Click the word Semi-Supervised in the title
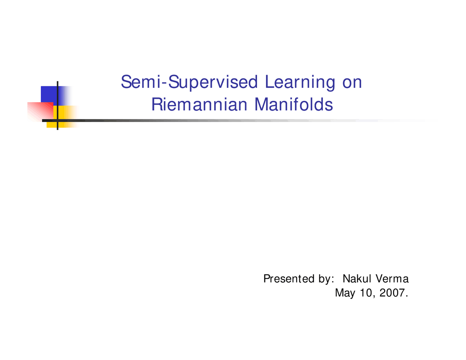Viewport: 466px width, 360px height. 189,82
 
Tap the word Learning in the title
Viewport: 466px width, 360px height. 300,82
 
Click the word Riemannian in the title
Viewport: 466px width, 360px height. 199,105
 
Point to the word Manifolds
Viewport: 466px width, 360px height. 293,105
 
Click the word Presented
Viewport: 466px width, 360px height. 289,279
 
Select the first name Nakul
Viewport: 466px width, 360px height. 357,279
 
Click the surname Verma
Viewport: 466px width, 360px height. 392,279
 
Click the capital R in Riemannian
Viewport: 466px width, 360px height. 156,105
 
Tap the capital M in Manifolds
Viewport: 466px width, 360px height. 262,105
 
